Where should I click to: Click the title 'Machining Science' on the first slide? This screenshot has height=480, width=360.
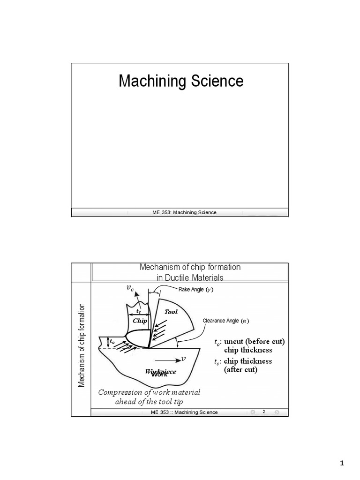tap(181, 82)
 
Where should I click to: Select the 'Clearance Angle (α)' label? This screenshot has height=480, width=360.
tap(225, 321)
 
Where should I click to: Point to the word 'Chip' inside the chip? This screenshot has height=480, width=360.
tap(140, 321)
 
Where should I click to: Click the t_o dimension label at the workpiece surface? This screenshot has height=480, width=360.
tap(112, 342)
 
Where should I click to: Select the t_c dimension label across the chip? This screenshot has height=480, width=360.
tap(139, 311)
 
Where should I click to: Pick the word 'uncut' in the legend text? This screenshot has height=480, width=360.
tap(235, 342)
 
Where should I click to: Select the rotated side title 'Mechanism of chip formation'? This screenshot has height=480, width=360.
tap(81, 345)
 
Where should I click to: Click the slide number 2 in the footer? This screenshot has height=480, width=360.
tap(264, 412)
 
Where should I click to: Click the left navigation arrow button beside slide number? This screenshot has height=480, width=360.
tap(253, 412)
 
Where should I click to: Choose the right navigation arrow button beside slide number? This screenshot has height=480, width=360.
tap(277, 412)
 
